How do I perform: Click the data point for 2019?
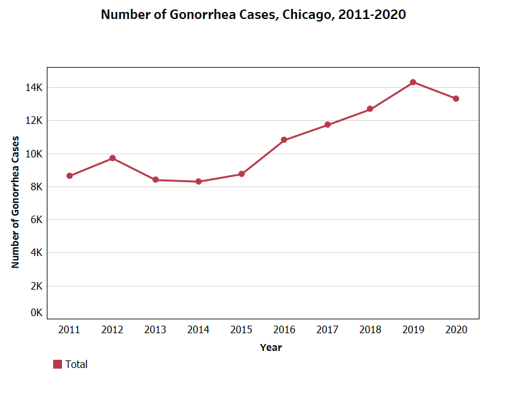pos(413,82)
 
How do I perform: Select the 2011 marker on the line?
pos(70,176)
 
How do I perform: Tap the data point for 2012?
pos(113,158)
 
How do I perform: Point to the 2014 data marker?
pos(199,181)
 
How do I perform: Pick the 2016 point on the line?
pos(284,140)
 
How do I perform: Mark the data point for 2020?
pos(456,99)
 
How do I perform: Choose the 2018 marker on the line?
pos(370,109)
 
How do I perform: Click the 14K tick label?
pos(34,88)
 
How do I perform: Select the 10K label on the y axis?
pos(34,154)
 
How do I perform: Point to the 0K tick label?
pos(36,313)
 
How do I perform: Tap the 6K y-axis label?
pos(36,219)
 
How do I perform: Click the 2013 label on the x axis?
pos(155,330)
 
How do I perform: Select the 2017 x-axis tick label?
pos(327,330)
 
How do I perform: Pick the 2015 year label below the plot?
pos(241,330)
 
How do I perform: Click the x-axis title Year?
pos(271,348)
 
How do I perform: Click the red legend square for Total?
pos(58,364)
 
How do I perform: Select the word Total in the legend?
pos(76,364)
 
